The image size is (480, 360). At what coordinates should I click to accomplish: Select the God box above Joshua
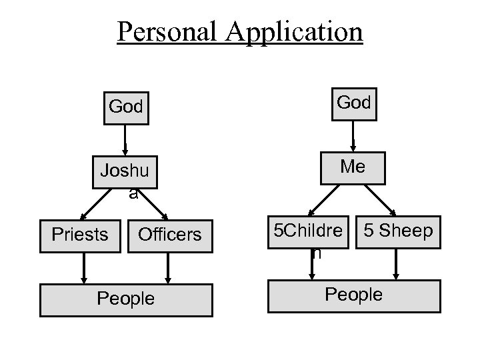(x=126, y=106)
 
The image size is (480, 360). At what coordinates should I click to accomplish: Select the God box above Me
(x=353, y=103)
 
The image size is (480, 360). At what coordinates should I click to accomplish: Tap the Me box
(x=353, y=167)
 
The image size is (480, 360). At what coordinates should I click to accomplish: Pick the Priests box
(x=80, y=235)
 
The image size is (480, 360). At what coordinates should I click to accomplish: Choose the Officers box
(x=169, y=235)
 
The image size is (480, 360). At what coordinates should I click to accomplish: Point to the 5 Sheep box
(x=398, y=231)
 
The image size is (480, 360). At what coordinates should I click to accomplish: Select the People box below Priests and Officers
(x=126, y=299)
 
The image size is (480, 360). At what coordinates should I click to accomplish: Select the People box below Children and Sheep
(x=353, y=295)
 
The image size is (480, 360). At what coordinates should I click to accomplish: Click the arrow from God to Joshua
(x=125, y=142)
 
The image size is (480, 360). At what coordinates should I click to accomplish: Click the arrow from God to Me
(x=353, y=138)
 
